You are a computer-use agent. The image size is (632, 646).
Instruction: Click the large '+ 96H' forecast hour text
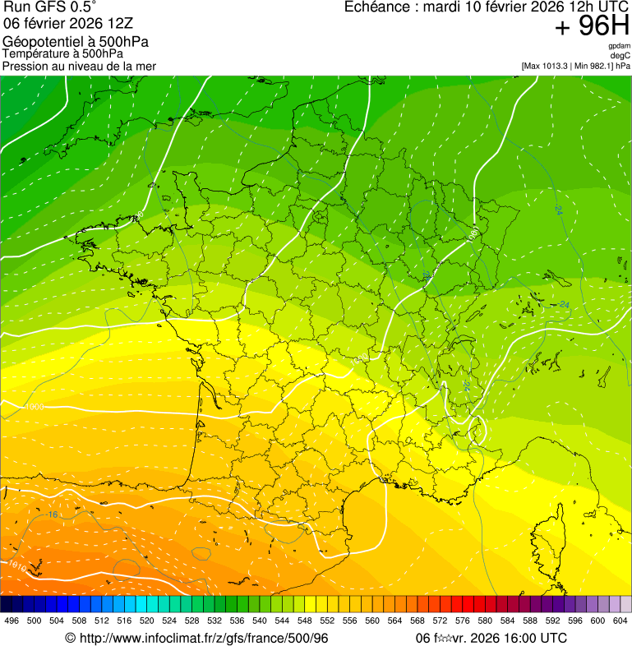592,27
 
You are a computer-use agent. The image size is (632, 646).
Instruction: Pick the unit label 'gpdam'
619,46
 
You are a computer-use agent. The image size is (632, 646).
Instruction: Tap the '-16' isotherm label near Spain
51,514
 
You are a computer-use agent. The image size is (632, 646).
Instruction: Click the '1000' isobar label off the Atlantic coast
35,407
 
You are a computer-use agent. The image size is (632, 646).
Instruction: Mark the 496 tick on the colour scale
12,621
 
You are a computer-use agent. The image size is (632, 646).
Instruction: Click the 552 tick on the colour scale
327,621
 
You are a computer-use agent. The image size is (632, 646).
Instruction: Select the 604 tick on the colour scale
620,621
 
